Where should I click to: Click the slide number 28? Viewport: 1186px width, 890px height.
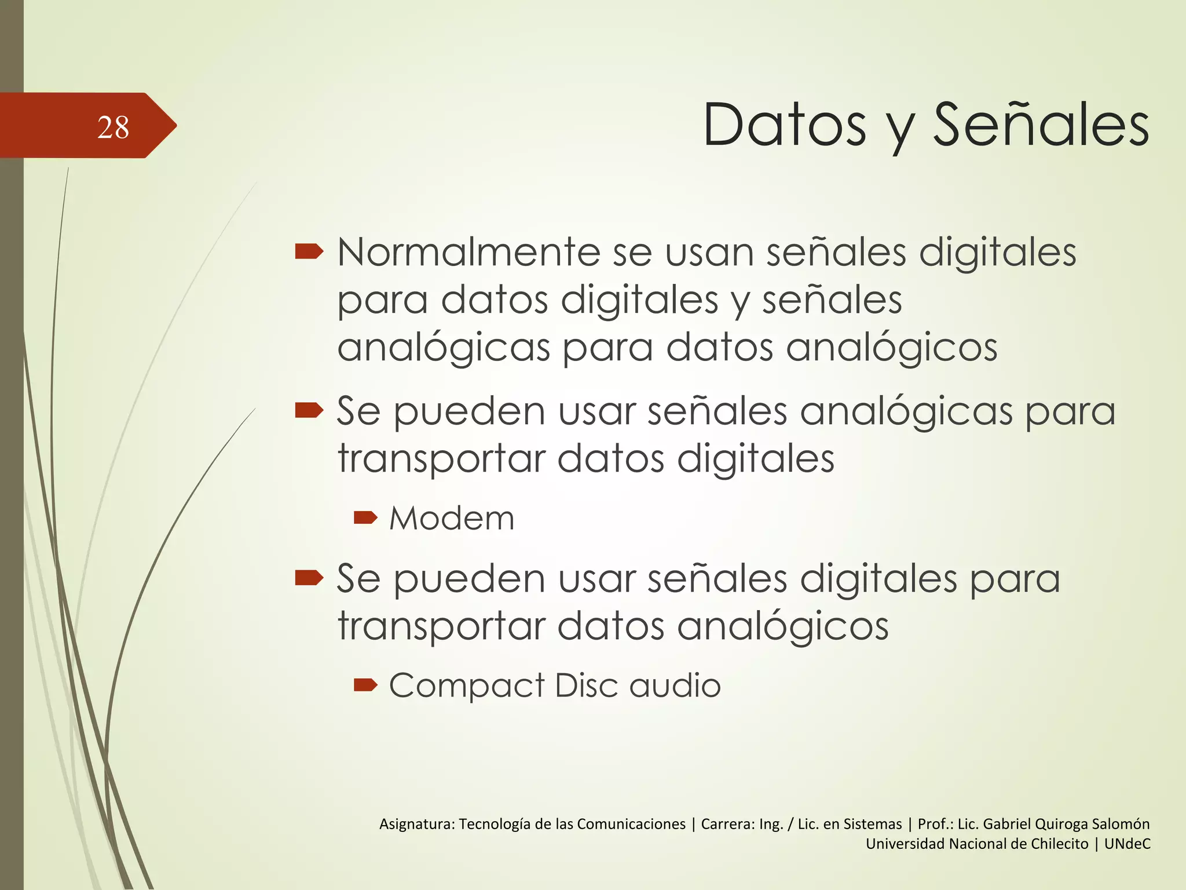(113, 127)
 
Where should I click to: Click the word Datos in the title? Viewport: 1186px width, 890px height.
(785, 125)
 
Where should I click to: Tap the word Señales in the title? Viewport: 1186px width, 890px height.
(1041, 125)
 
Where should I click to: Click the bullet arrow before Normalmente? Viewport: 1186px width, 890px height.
(309, 251)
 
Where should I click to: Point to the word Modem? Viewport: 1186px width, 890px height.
(452, 518)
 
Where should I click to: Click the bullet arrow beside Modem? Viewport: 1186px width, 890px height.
(365, 517)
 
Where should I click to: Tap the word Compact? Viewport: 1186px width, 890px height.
(467, 686)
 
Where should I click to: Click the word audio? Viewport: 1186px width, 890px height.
(675, 685)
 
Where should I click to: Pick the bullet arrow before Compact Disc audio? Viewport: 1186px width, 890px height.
(365, 685)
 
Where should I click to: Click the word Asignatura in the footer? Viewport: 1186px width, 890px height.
(416, 825)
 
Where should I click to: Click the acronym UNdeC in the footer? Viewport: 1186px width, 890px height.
(1127, 844)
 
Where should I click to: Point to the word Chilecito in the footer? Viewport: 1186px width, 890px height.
(1057, 844)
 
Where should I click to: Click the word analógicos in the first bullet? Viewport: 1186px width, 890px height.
(891, 348)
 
